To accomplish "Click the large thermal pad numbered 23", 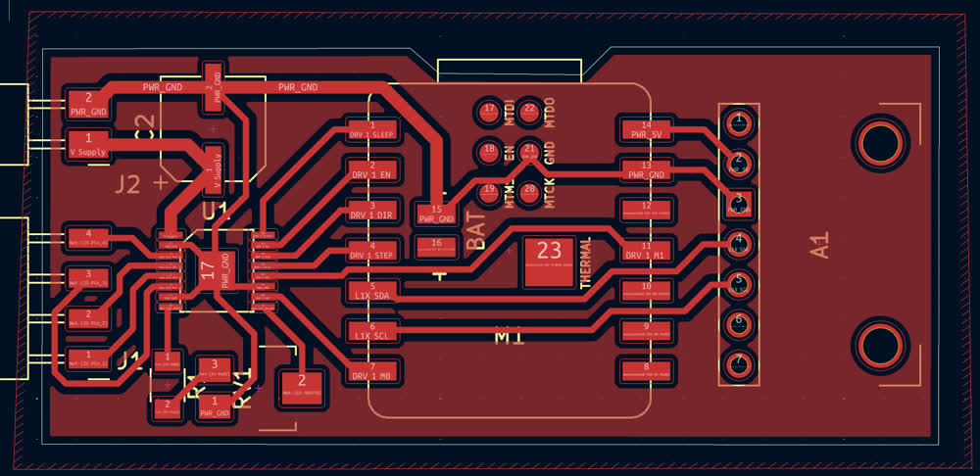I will click(x=548, y=262).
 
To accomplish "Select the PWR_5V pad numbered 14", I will click(x=646, y=128).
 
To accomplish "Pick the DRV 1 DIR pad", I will click(x=371, y=210).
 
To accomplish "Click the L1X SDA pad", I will click(x=371, y=290).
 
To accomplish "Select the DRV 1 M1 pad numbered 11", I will click(x=646, y=250).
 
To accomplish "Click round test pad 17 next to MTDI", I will click(x=489, y=112).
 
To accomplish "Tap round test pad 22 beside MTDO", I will click(x=530, y=112).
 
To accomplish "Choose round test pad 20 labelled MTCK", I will click(x=530, y=193).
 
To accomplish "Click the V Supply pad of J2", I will click(x=88, y=147).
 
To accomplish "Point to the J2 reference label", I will click(x=128, y=182).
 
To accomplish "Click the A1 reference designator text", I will click(x=818, y=245).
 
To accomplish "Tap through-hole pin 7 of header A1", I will click(x=737, y=363).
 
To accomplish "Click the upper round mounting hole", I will click(x=877, y=143).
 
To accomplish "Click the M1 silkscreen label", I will click(x=508, y=336).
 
